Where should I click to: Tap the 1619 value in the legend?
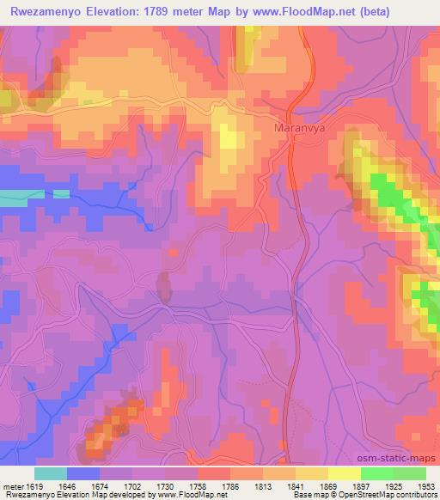(x=35, y=485)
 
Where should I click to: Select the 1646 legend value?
(x=69, y=485)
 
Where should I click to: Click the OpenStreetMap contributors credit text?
(x=394, y=496)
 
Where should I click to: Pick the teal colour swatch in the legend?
(x=51, y=473)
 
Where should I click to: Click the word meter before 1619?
(x=12, y=485)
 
